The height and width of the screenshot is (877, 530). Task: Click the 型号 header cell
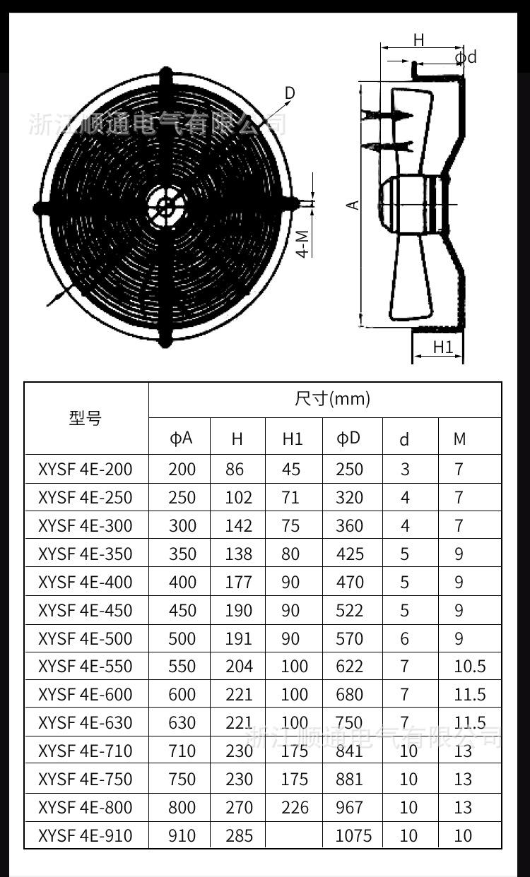click(86, 418)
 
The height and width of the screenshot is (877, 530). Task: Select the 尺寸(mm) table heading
click(332, 399)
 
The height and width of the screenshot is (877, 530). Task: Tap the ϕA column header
click(181, 438)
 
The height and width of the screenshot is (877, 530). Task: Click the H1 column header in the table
click(292, 438)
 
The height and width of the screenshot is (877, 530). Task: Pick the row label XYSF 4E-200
click(85, 469)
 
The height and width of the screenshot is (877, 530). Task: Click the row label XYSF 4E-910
click(85, 836)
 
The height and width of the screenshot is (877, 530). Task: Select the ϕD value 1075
click(353, 836)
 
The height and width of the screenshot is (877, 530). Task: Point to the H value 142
click(239, 525)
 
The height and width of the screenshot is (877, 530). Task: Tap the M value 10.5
click(470, 667)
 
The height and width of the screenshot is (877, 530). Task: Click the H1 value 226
click(295, 808)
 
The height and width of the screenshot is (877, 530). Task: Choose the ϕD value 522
click(350, 610)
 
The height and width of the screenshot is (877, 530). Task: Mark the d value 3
click(405, 469)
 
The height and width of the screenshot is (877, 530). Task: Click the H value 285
click(239, 836)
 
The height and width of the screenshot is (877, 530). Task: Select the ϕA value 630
click(182, 723)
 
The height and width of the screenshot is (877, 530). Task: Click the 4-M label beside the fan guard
click(302, 243)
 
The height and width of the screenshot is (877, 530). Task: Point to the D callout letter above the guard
click(290, 93)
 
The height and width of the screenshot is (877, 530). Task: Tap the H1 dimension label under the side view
click(442, 347)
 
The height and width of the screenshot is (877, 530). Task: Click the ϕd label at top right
click(465, 56)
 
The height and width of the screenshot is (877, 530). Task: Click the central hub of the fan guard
click(166, 206)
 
